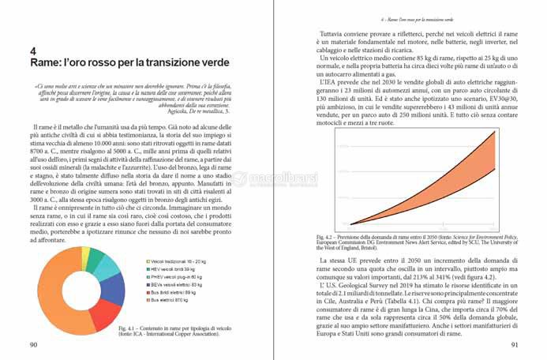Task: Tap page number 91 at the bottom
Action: click(x=514, y=344)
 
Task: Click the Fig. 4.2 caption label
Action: click(x=325, y=236)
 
